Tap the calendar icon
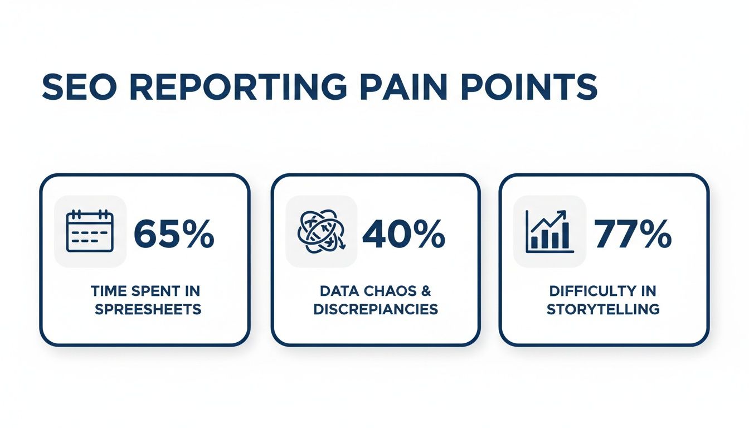[x=90, y=231]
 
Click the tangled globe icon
[x=322, y=231]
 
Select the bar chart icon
[x=549, y=231]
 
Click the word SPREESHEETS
[x=148, y=309]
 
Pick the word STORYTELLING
[x=604, y=309]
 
